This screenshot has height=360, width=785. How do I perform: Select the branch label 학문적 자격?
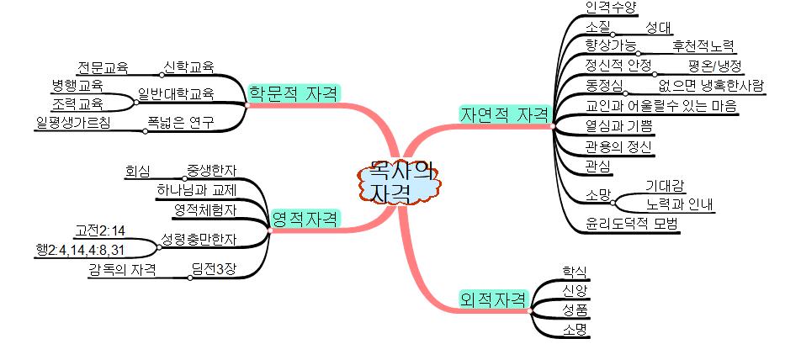click(294, 93)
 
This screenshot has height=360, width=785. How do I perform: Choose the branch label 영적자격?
click(305, 220)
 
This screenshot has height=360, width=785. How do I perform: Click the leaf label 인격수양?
click(611, 8)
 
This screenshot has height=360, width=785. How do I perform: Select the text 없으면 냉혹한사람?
click(711, 85)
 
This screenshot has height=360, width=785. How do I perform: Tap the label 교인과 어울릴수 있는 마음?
click(660, 106)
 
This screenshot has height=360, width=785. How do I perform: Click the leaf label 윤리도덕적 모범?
click(632, 224)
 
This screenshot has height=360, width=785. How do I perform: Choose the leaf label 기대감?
click(665, 185)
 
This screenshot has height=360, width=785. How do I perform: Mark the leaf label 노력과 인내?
click(679, 204)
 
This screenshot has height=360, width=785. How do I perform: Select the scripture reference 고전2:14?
click(100, 230)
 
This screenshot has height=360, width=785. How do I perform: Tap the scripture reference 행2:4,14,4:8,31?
click(81, 249)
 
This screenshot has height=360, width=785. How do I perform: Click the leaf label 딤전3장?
click(214, 269)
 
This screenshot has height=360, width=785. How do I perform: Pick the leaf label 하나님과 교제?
click(196, 189)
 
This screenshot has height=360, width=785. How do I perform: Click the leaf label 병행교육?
click(77, 85)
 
